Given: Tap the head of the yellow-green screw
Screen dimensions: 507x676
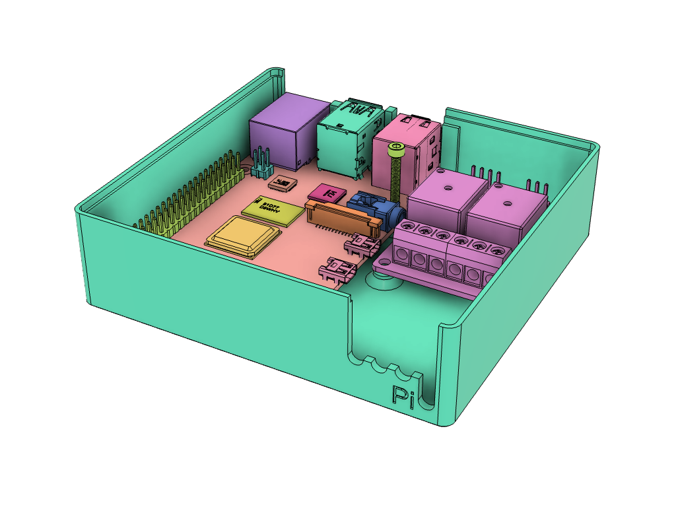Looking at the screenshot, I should (396, 152).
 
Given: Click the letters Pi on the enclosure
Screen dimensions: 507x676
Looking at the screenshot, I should (403, 397).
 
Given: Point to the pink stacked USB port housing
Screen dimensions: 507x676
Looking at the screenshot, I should (406, 152).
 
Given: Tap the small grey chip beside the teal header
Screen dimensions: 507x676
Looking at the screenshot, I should (283, 183).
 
